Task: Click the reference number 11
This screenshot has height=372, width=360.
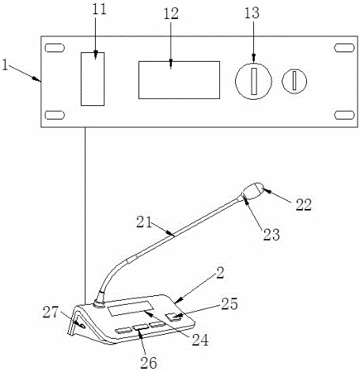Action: (x=98, y=9)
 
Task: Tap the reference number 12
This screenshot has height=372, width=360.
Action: (x=170, y=13)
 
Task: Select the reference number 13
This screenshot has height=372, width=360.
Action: (x=252, y=13)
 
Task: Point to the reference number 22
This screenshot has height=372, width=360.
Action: (x=304, y=205)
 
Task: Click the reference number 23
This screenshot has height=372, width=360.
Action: (x=271, y=235)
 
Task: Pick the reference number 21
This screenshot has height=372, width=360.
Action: (x=144, y=222)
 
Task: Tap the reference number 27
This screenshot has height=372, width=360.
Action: (x=50, y=312)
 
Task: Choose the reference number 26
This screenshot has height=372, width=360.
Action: (x=149, y=362)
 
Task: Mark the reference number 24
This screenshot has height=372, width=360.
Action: (x=200, y=341)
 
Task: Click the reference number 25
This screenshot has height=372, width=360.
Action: (x=229, y=304)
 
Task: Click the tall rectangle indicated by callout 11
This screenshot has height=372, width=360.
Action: (x=93, y=79)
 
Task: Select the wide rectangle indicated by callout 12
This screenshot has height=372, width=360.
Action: (x=179, y=80)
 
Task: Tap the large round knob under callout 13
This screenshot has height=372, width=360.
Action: (x=253, y=81)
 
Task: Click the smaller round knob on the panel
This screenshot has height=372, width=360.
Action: (x=295, y=81)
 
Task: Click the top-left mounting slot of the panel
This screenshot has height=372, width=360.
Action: (x=55, y=48)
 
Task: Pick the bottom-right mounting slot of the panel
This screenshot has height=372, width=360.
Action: (x=344, y=115)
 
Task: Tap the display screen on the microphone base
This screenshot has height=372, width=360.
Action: (x=131, y=308)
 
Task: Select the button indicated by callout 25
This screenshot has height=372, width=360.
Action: (x=175, y=317)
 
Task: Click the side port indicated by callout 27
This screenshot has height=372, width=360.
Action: (x=82, y=326)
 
